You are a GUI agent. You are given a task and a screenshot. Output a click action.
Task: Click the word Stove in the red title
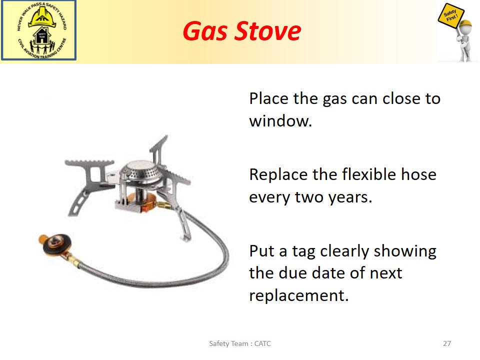(x=267, y=31)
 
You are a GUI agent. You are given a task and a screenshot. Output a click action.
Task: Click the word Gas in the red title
(x=205, y=31)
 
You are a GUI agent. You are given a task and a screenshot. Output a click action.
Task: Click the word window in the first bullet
(x=280, y=120)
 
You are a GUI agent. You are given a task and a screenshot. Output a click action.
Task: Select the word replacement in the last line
(x=299, y=295)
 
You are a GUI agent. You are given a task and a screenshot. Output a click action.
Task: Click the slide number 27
(x=447, y=343)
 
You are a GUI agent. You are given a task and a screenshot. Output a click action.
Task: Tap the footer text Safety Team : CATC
(x=240, y=343)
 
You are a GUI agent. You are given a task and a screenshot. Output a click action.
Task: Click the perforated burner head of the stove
(x=141, y=173)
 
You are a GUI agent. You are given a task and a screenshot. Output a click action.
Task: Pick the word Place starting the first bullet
(x=268, y=98)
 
